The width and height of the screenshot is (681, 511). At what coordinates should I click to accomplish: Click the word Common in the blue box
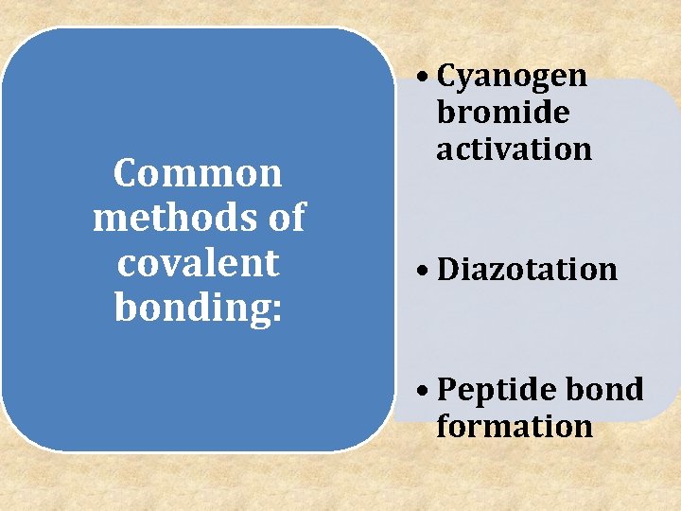(198, 173)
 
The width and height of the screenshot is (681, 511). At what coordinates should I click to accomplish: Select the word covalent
(198, 262)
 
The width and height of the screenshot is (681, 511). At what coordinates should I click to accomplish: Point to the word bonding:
(198, 308)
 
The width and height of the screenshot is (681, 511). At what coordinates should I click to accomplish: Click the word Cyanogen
(512, 77)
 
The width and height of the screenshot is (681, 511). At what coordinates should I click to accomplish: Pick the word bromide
(502, 113)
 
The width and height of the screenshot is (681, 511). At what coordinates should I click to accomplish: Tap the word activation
(514, 149)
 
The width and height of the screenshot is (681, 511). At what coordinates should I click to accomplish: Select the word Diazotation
(527, 270)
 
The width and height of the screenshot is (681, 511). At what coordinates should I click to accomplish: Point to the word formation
(515, 426)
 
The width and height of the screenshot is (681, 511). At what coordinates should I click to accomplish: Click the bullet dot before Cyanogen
(423, 79)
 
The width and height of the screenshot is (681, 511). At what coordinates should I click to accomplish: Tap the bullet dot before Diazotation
(423, 272)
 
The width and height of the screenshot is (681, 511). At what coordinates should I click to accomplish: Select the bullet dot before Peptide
(423, 391)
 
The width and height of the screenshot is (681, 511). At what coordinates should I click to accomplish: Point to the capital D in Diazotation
(448, 270)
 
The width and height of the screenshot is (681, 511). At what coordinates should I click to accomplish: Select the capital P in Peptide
(447, 390)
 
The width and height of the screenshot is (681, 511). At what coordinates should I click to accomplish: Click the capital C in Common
(125, 173)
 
